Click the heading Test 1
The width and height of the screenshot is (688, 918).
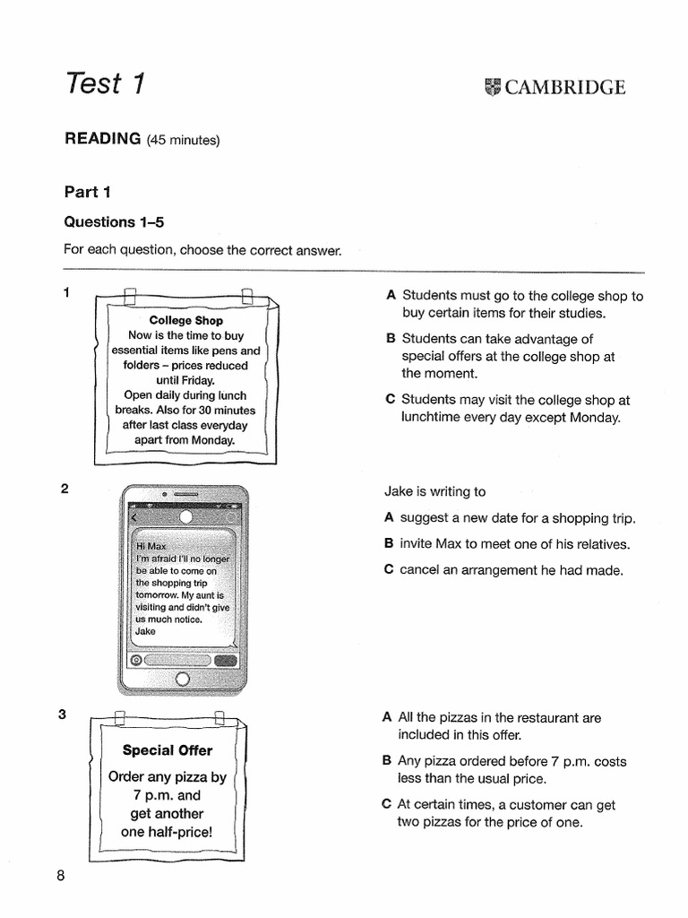point(104,83)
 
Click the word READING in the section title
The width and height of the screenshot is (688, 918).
point(102,139)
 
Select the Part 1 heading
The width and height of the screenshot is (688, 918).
point(86,191)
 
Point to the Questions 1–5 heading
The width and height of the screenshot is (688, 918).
point(114,221)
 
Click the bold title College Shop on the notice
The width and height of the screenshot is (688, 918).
point(186,320)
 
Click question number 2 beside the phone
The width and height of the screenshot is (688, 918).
point(64,489)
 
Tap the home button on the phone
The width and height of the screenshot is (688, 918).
point(183,680)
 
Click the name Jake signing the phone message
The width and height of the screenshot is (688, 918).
point(145,631)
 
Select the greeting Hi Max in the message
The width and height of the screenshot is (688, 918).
point(150,545)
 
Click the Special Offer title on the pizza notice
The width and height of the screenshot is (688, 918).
point(168,749)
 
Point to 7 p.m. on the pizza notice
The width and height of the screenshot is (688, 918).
point(154,795)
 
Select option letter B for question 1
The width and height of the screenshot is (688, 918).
point(390,339)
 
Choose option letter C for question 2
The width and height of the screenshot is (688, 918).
point(389,569)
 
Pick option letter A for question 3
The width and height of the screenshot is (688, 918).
point(387,717)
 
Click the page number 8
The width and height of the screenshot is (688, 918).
point(61,877)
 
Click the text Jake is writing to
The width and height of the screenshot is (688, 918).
point(435,491)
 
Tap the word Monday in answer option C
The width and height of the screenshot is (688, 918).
point(596,418)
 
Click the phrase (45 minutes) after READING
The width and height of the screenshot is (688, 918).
point(183,140)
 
